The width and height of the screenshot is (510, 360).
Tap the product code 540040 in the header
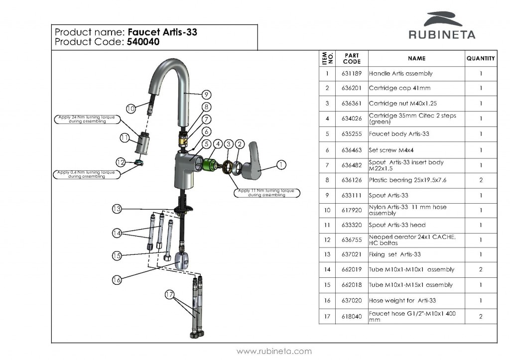143,42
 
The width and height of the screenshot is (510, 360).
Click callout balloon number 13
117,209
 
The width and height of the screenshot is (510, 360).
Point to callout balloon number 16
117,279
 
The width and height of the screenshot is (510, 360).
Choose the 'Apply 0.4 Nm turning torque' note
81,174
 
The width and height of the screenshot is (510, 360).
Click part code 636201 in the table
352,88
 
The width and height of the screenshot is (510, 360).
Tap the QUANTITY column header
481,58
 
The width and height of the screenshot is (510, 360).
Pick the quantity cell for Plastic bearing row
481,180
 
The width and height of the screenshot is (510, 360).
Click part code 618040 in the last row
352,316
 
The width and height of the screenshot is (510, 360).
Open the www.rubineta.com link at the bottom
274,351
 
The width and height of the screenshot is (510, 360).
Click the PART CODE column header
352,58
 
